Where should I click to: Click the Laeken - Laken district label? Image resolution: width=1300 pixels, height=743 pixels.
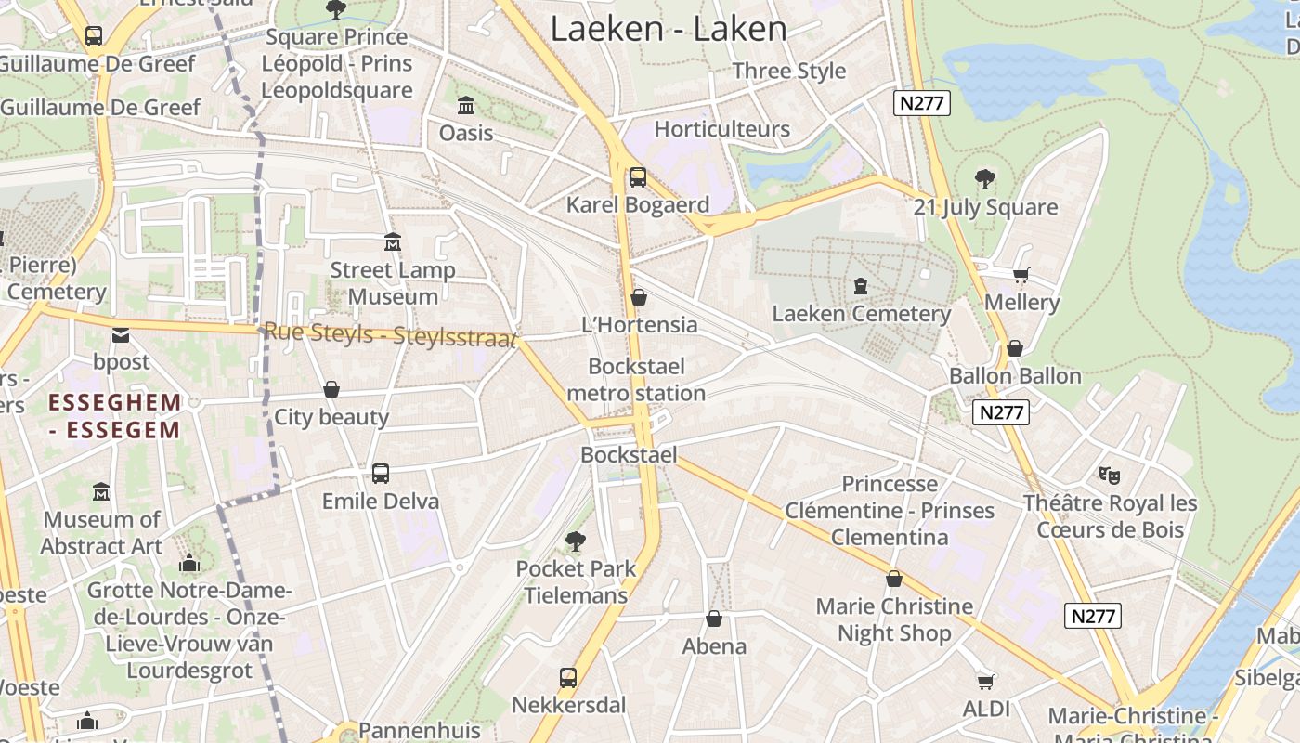click(669, 29)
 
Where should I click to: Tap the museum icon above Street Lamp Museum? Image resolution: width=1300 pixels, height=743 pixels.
click(393, 242)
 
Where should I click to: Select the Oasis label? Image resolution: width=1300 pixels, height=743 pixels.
click(466, 133)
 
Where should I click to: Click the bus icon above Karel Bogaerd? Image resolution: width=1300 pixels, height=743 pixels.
click(637, 177)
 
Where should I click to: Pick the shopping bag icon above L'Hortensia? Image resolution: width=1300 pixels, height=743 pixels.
click(638, 297)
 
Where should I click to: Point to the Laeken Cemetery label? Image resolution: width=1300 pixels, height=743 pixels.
click(861, 314)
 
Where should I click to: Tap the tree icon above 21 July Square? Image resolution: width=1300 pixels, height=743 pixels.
click(985, 179)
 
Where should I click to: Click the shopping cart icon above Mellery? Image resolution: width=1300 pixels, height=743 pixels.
click(1021, 275)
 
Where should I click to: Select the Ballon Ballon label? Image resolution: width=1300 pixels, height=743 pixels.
click(1015, 376)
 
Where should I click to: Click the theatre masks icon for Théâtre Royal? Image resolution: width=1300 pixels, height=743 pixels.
click(1110, 476)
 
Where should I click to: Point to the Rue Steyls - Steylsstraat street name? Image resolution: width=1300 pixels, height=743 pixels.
click(390, 335)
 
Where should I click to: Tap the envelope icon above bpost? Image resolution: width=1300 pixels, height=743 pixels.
click(121, 334)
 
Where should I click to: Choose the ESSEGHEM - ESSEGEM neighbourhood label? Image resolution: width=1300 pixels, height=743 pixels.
click(114, 416)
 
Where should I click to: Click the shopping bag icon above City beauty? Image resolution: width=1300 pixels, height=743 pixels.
click(331, 389)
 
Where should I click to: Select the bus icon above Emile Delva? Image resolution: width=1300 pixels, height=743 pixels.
click(381, 474)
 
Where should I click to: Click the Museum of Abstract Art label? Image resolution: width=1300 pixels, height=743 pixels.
click(102, 533)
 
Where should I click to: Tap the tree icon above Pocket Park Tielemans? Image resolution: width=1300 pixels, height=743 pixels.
click(576, 541)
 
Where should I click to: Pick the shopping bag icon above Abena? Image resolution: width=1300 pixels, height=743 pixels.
click(714, 619)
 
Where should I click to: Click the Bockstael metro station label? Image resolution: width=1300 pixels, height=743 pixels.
click(636, 380)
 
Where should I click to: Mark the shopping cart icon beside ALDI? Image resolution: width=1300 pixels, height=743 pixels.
click(986, 682)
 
